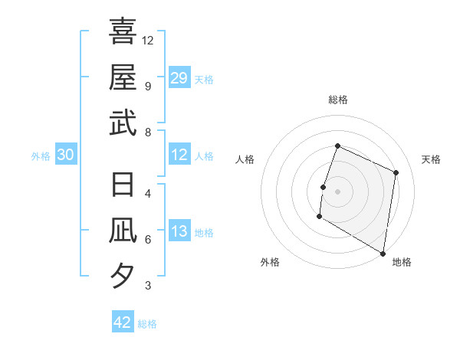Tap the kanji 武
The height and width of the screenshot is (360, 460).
click(123, 123)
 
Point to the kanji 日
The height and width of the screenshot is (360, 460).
click(123, 185)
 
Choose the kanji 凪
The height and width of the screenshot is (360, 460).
click(123, 231)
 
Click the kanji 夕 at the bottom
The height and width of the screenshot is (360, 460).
click(123, 276)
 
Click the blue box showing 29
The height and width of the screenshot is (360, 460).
click(179, 77)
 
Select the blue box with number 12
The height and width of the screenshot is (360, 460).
click(179, 155)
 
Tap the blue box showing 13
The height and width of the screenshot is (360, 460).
click(179, 232)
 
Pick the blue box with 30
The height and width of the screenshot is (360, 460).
click(65, 155)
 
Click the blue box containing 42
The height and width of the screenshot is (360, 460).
click(123, 322)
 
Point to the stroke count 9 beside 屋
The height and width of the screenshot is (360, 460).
click(147, 86)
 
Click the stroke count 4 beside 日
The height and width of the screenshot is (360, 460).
click(147, 193)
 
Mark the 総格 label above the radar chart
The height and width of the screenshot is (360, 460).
click(338, 100)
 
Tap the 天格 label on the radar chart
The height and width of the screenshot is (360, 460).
click(431, 159)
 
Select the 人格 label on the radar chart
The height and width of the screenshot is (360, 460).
click(245, 159)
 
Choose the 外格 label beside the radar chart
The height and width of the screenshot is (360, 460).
click(270, 262)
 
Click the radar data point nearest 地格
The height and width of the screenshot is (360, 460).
click(383, 253)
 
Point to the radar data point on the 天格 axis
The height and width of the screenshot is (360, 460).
click(396, 172)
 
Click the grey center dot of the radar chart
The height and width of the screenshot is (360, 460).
click(338, 191)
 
